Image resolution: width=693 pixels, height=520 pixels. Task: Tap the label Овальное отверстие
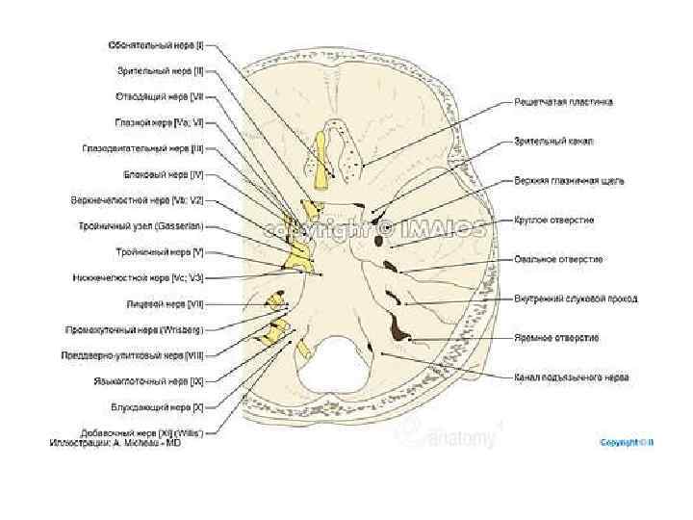(x=557, y=259)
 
